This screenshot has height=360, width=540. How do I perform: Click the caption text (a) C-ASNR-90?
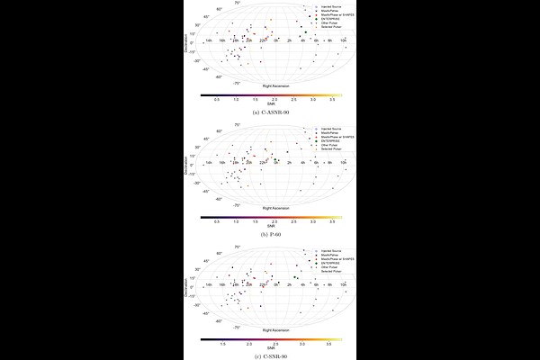tap(270, 112)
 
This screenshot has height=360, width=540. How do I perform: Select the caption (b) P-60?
tap(270, 234)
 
